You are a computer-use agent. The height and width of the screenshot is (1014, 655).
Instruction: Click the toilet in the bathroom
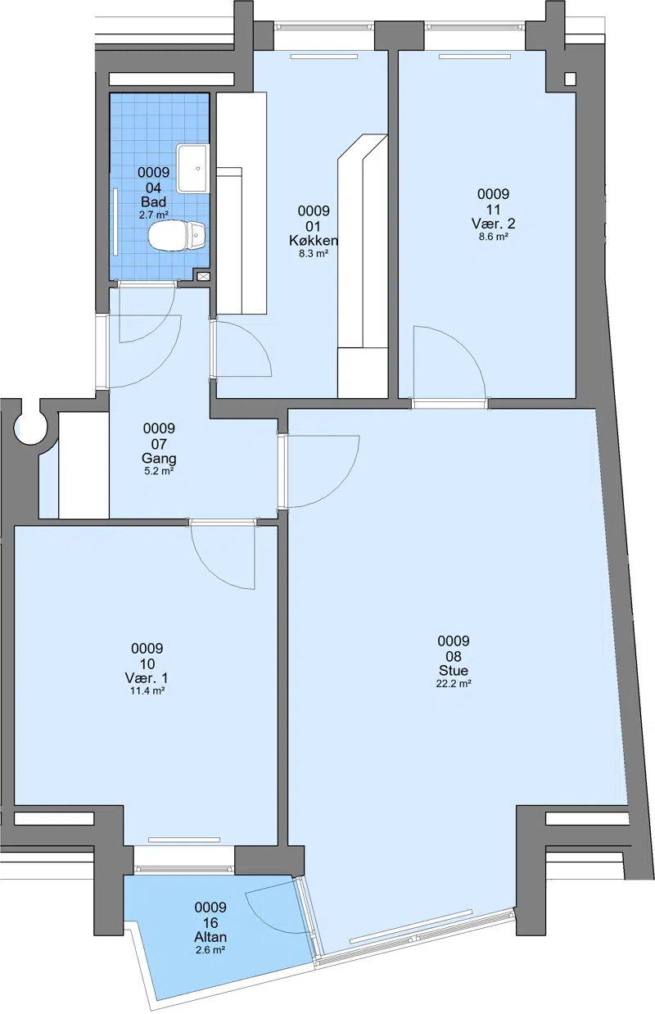(178, 235)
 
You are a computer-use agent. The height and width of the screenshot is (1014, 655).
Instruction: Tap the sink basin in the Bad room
(193, 169)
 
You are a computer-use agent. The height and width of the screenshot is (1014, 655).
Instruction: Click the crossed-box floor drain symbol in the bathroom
(203, 276)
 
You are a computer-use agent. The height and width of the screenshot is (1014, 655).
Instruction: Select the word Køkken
(314, 240)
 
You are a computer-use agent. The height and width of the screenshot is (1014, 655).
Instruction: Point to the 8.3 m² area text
(314, 254)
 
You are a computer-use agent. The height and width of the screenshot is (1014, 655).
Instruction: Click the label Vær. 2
(494, 224)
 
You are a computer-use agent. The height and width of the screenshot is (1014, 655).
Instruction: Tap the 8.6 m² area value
(494, 236)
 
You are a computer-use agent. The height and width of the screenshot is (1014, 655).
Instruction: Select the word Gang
(159, 459)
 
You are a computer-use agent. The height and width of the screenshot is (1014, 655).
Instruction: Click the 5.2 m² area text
(159, 471)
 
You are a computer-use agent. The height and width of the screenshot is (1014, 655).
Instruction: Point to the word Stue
(454, 671)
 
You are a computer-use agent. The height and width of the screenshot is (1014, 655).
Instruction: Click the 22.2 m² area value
(454, 684)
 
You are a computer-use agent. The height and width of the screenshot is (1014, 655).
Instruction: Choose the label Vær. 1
(147, 678)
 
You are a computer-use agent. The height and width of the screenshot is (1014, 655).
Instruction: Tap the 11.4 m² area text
(147, 690)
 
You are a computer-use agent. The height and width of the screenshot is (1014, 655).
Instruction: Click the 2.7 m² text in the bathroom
(154, 215)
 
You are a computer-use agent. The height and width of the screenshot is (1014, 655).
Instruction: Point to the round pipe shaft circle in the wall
(31, 427)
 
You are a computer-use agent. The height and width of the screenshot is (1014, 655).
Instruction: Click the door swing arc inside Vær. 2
(465, 346)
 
